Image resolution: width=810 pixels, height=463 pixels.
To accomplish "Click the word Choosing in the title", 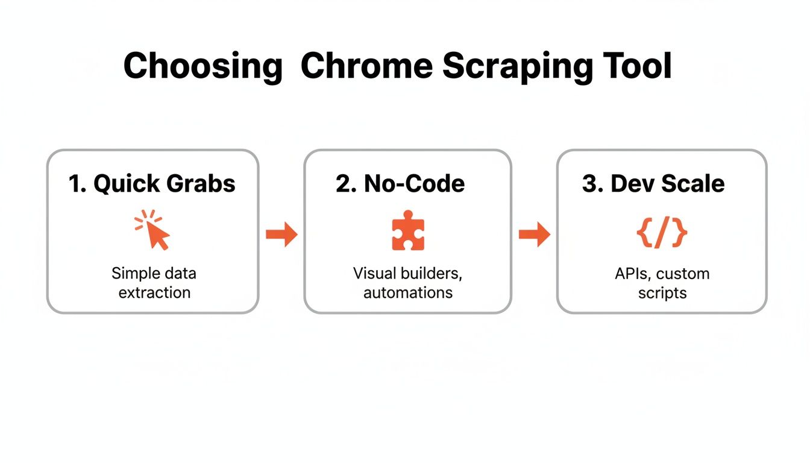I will click(202, 66).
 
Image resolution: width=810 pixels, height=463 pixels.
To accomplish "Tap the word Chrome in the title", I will click(366, 66).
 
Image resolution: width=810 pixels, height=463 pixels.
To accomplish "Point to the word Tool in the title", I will click(638, 66).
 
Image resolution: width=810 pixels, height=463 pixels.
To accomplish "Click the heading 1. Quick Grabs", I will click(152, 184).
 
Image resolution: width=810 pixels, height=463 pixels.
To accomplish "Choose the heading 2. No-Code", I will click(400, 184).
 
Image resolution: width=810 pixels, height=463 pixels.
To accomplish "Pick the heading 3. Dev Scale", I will click(653, 184).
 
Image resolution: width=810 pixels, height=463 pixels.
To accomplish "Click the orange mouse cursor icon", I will click(154, 230).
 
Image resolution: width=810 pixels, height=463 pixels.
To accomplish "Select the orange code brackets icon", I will click(662, 233).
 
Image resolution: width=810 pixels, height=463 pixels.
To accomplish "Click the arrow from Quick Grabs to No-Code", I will click(281, 235).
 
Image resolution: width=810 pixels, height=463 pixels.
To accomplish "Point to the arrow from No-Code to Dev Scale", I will click(534, 235).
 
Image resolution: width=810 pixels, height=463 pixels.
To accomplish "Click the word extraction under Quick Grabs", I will click(154, 293).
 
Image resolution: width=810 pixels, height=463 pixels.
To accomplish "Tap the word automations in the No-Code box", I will click(408, 293).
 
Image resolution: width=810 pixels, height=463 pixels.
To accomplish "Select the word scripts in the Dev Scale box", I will click(662, 293).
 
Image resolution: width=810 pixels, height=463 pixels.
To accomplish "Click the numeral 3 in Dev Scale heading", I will click(589, 184).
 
